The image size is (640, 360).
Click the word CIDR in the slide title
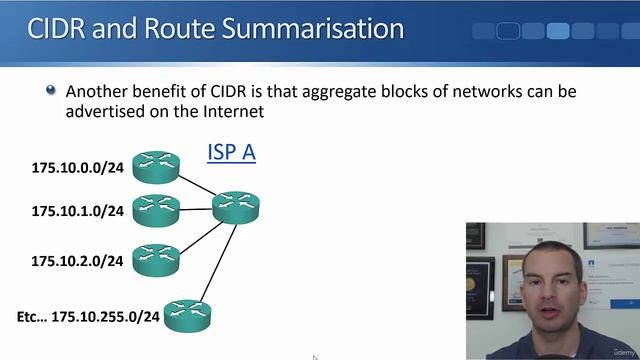pos(58,27)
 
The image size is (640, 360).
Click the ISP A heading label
pos(231,152)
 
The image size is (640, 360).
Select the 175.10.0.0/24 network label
pos(77,167)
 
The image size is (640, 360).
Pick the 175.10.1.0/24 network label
pos(77,211)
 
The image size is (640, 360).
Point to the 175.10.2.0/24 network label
pos(77,261)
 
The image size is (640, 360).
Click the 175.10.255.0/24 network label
pos(105,316)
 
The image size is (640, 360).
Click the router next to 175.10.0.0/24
pos(155,166)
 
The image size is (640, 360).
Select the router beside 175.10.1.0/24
pos(155,210)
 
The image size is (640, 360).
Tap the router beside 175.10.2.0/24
pos(155,260)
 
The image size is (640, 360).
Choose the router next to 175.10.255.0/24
pos(187,315)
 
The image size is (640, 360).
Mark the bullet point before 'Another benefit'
pos(51,91)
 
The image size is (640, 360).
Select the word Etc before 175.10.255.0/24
pos(30,316)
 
